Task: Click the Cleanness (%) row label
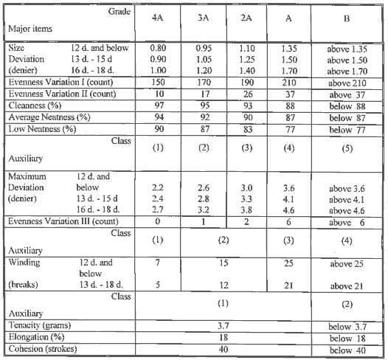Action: pos(35,106)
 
